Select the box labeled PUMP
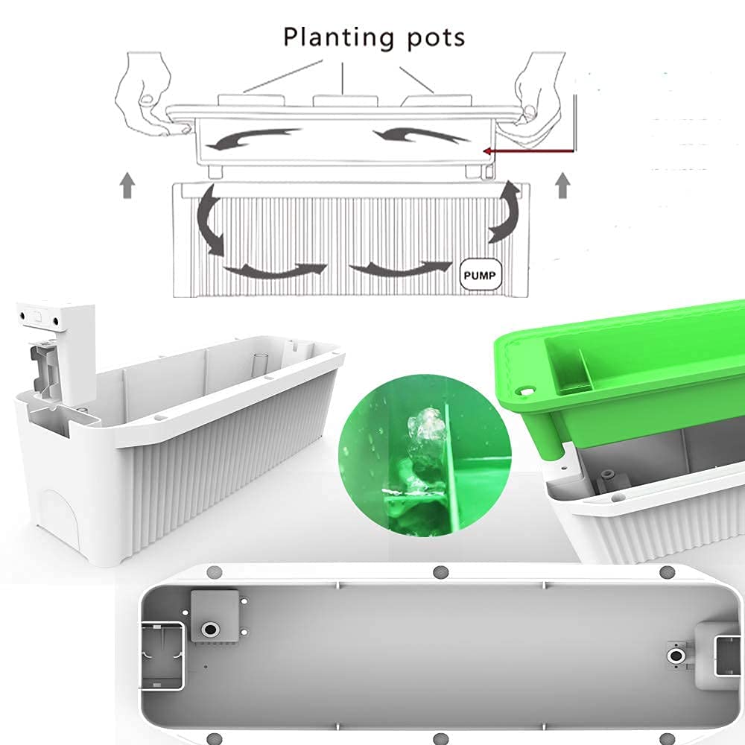[481, 274]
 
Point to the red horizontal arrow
[529, 150]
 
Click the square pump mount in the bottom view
[215, 615]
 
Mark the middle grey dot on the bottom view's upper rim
[439, 572]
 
